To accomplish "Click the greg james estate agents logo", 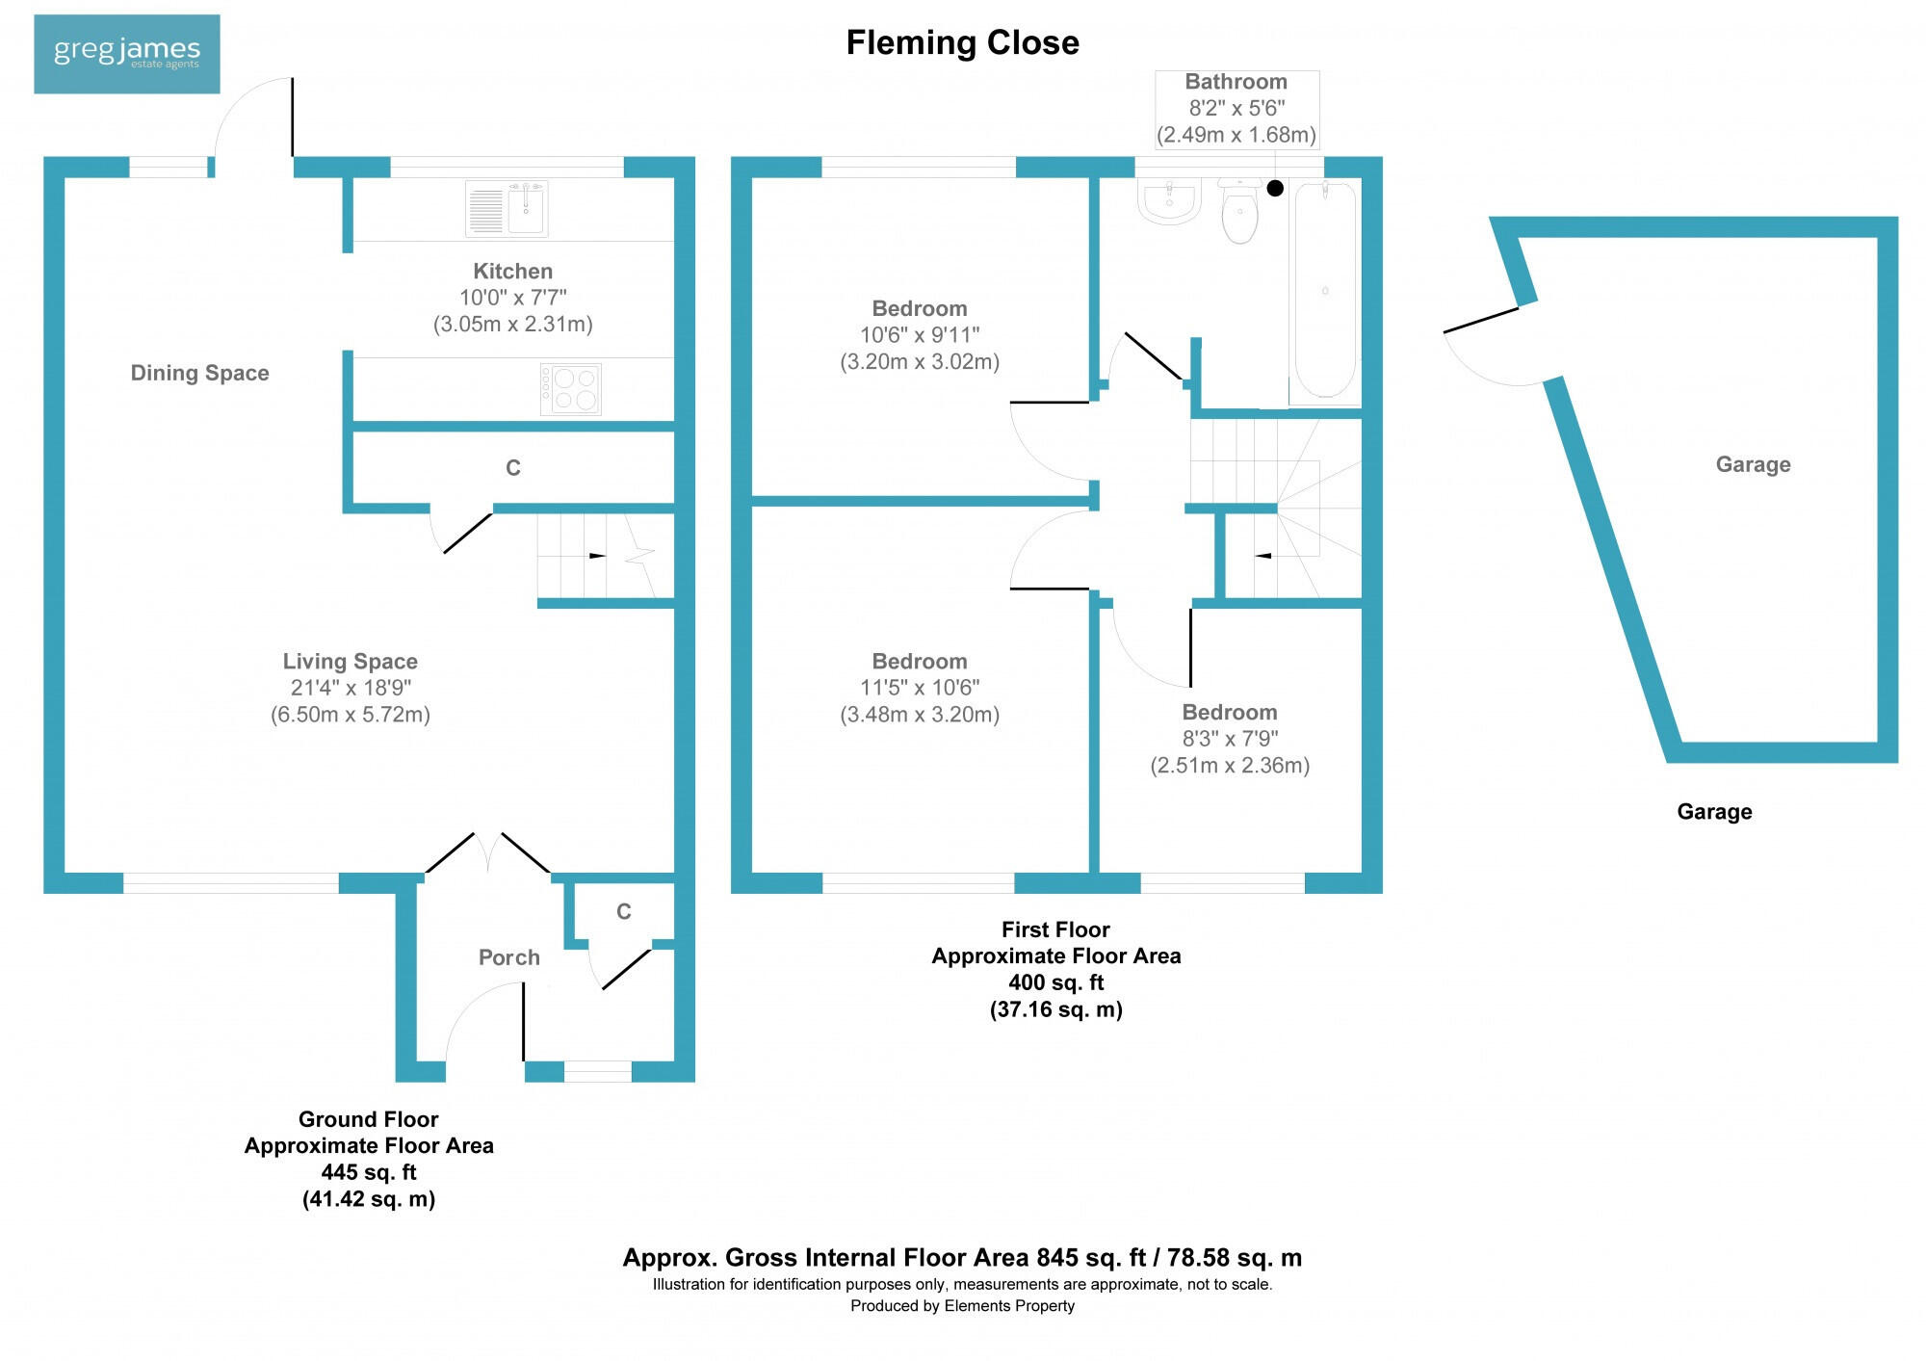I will click(126, 54).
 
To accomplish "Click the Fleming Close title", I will click(962, 42).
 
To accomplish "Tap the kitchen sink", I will click(507, 208).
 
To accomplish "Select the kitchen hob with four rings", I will click(571, 389).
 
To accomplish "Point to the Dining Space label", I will click(199, 373).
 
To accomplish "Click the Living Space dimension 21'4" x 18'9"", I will click(351, 688).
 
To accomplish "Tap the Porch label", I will click(508, 957).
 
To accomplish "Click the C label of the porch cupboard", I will click(624, 911).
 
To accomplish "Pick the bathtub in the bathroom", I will click(1325, 290).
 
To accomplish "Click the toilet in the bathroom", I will click(1239, 213).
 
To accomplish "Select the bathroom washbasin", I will click(1169, 202).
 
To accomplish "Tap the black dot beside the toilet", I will click(1275, 189).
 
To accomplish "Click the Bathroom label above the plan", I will click(1236, 82).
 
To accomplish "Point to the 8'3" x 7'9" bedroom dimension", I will click(1230, 739).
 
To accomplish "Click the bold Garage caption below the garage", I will click(1714, 812).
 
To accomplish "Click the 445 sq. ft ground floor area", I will click(369, 1172).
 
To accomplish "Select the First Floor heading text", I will click(1055, 929).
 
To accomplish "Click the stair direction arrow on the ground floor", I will click(597, 556).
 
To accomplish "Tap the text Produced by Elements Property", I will click(962, 1306).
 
